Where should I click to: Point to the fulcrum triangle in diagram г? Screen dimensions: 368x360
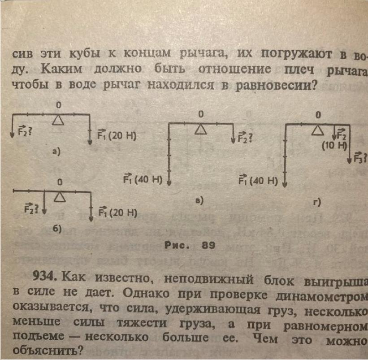click(318, 130)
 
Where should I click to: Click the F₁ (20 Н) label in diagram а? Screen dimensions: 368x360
click(116, 135)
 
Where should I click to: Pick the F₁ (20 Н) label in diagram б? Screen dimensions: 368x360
click(117, 212)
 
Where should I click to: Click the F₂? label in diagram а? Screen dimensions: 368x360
click(25, 132)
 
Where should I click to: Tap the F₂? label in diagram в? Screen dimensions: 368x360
click(243, 138)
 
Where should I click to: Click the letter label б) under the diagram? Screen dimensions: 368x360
click(56, 229)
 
